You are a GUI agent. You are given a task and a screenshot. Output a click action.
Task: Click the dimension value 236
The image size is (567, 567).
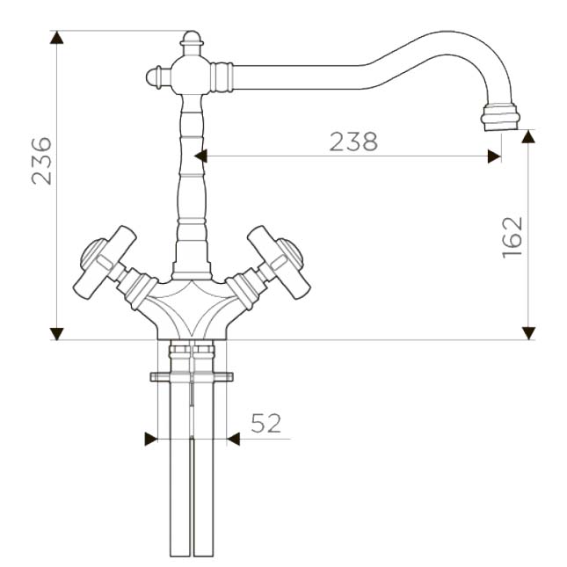pos(41,161)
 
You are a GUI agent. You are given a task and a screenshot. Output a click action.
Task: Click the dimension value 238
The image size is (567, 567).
pos(353,142)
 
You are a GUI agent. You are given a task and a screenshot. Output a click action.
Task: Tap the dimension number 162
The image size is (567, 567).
pos(512,236)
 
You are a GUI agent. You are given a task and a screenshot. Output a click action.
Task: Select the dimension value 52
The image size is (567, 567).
pos(265,423)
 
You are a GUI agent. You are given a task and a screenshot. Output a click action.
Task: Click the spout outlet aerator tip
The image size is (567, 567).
pos(500,117)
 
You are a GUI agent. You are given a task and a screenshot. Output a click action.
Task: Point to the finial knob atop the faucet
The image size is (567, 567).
pos(192,43)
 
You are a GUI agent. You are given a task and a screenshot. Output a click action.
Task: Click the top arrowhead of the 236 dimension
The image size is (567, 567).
pos(57,38)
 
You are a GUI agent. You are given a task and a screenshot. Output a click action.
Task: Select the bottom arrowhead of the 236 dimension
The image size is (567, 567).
pos(57,334)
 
